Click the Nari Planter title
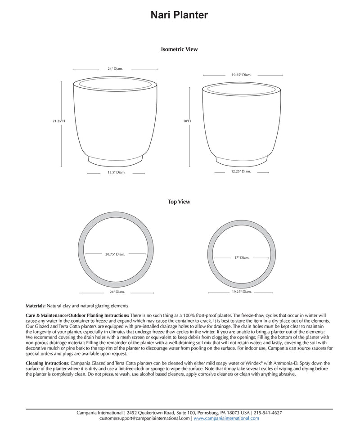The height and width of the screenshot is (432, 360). click(x=179, y=15)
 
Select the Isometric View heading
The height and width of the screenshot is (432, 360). click(x=179, y=49)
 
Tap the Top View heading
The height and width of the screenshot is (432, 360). click(x=179, y=202)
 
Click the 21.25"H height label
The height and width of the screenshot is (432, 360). click(x=58, y=121)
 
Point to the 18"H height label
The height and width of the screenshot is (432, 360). click(x=187, y=121)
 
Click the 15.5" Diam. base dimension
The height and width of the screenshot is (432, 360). click(x=116, y=172)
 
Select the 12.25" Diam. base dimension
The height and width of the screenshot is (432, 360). click(x=241, y=171)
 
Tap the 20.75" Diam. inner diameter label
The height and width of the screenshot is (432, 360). click(x=115, y=254)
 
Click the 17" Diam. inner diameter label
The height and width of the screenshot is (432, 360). click(x=242, y=258)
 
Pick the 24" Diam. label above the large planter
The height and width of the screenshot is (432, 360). click(x=115, y=69)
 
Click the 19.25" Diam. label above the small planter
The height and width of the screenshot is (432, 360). click(x=241, y=75)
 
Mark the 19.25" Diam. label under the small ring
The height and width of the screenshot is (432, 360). click(x=241, y=292)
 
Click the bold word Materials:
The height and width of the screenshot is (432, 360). click(x=36, y=306)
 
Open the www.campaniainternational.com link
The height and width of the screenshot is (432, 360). click(x=226, y=418)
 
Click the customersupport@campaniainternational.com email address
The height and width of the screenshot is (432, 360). click(x=144, y=418)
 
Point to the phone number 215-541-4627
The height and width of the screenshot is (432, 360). click(x=268, y=413)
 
